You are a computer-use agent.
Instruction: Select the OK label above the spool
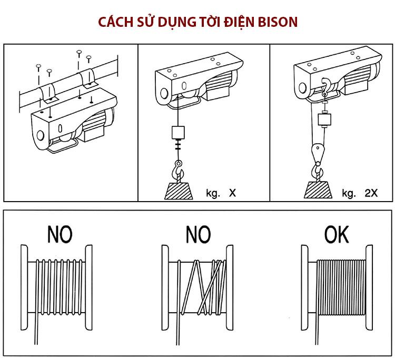(x=336, y=234)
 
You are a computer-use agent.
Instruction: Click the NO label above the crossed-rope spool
(x=198, y=234)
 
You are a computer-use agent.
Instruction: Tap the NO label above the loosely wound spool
(x=60, y=234)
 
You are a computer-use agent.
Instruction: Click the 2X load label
(x=371, y=193)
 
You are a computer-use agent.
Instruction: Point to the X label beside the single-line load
(x=232, y=193)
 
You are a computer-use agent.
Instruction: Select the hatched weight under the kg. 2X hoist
(x=319, y=188)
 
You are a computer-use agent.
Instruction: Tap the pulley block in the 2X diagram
(x=317, y=153)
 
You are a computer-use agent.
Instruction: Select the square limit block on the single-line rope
(x=179, y=131)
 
